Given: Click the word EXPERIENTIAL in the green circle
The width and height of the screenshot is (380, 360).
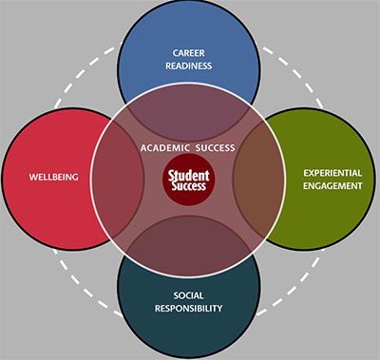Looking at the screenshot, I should click(332, 173).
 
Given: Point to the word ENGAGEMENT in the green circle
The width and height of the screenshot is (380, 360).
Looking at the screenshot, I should click(332, 186).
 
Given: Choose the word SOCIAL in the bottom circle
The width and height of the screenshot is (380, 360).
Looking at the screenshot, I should click(189, 294).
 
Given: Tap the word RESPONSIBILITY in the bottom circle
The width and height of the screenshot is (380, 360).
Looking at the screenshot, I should click(189, 309).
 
